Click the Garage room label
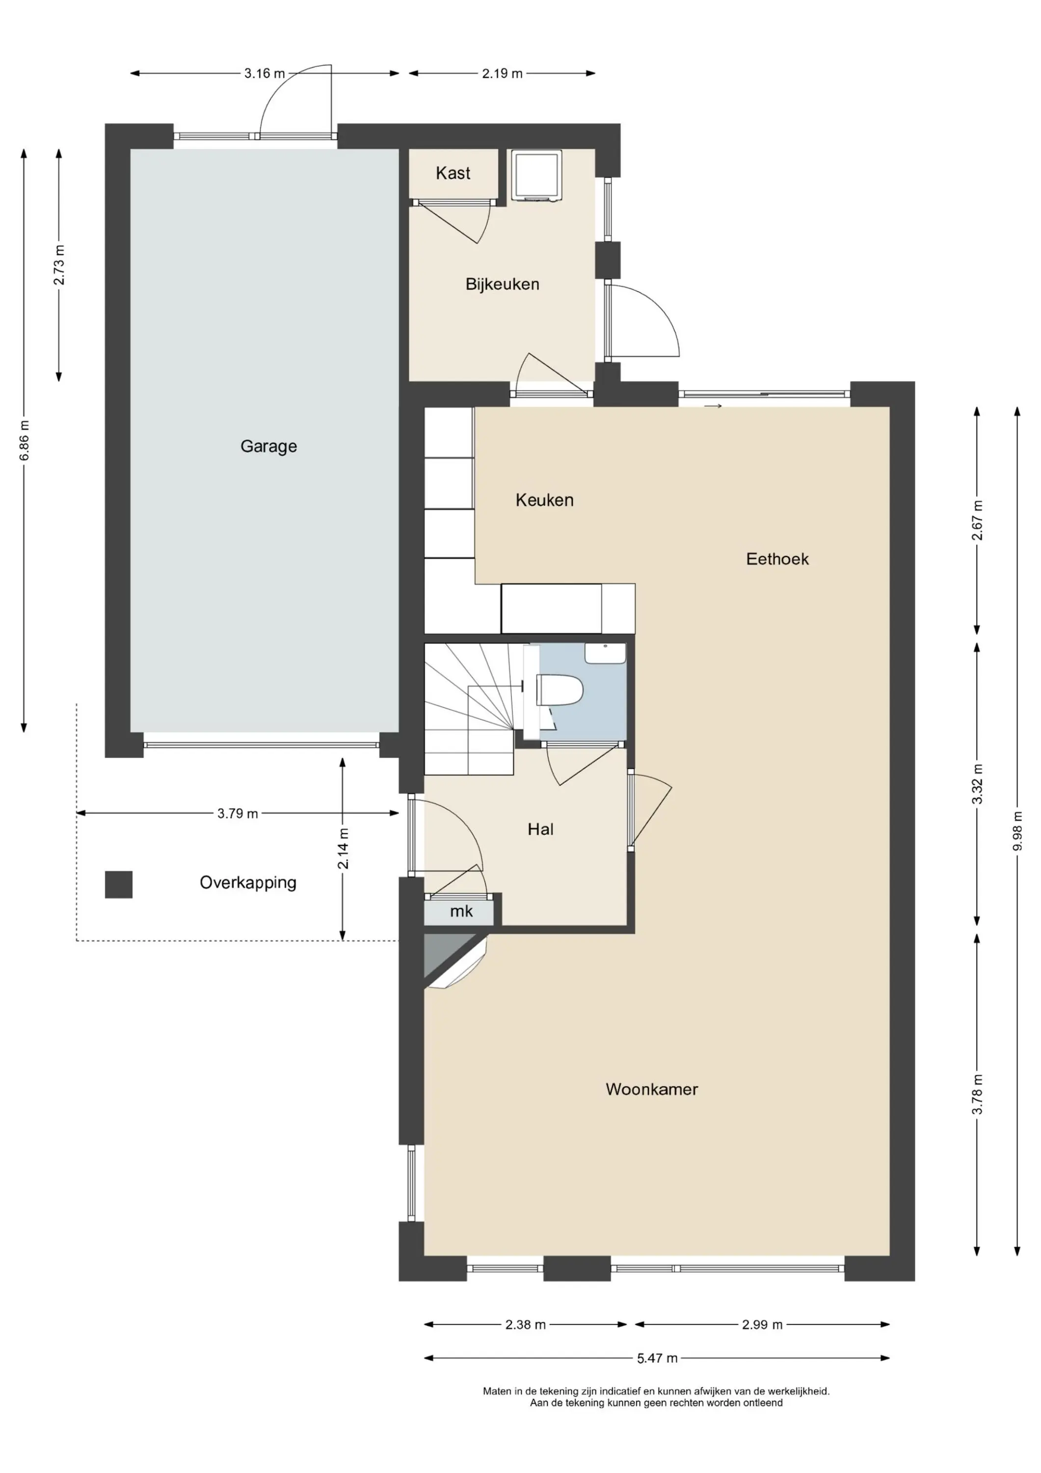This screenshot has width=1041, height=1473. (269, 446)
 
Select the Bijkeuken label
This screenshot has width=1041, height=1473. (502, 284)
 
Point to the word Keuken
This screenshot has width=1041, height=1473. (545, 500)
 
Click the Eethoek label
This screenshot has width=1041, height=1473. (777, 559)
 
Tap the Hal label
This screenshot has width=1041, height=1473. (541, 829)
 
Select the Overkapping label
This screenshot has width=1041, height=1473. (248, 883)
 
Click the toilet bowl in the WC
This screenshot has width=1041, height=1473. (560, 690)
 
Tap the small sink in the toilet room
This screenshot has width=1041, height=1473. (605, 654)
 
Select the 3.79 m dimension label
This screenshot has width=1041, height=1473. (238, 814)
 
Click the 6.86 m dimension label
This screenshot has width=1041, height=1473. (24, 440)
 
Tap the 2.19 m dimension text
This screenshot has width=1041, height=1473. (502, 73)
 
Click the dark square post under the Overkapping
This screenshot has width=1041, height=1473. (119, 884)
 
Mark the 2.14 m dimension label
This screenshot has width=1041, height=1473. (343, 849)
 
